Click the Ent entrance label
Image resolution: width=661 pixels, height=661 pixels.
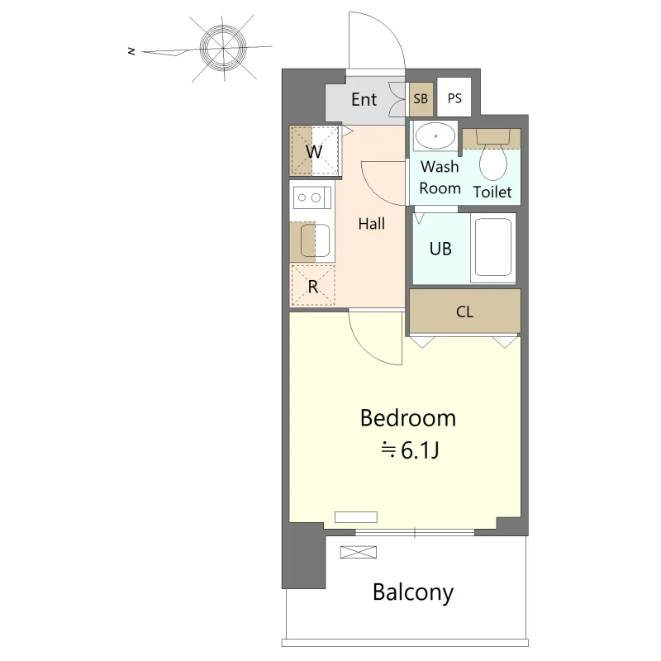pos(364,99)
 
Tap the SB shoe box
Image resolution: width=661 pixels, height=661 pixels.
pos(421,99)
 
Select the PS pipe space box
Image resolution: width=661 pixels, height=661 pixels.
pos(454,97)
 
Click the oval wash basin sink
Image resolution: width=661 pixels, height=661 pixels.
pos(435,136)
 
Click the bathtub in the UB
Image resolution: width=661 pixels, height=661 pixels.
pos(492,247)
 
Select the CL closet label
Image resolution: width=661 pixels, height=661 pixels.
pos(464,312)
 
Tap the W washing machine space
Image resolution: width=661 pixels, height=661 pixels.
pos(314,151)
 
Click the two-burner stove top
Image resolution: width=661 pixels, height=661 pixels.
pos(312,197)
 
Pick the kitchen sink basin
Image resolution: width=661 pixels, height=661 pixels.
pos(315,240)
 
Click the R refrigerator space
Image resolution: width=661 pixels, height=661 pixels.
pos(313,286)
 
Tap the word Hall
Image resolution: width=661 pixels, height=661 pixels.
pos(371,223)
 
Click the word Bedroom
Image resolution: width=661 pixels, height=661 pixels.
pos(408,418)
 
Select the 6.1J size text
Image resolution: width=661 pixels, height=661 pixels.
pos(420,450)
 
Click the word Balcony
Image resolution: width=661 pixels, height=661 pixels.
pos(412,592)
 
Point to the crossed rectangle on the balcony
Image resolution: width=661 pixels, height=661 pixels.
pos(359,552)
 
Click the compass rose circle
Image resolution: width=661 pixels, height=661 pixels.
pos(222,48)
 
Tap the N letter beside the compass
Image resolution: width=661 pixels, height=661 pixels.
pos(131,51)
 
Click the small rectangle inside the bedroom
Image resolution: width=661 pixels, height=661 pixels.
pos(356,517)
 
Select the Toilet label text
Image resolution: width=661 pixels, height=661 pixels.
pos(492,193)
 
